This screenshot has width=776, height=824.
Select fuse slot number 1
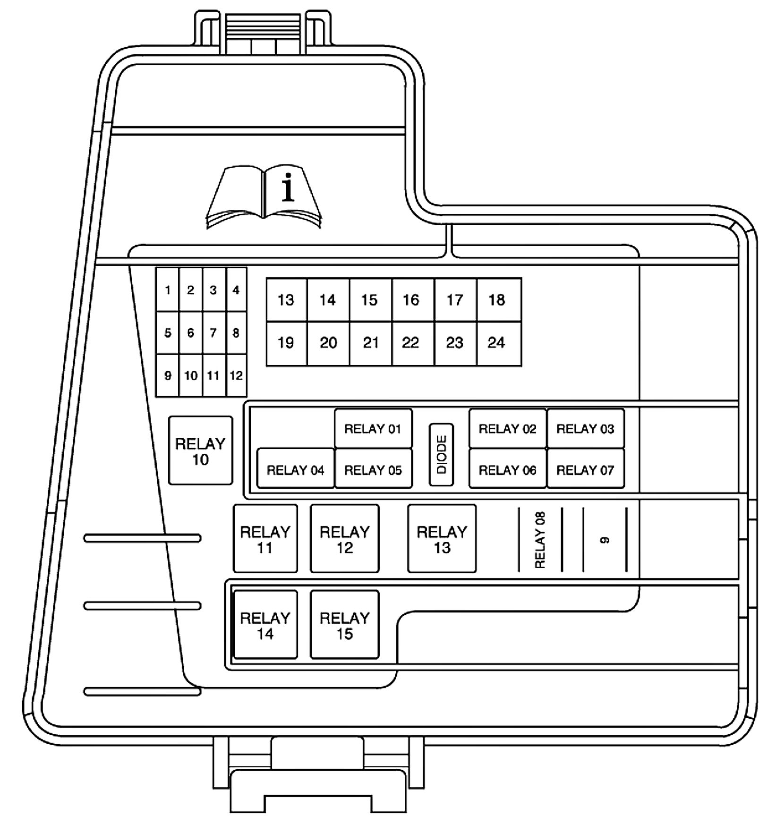(168, 290)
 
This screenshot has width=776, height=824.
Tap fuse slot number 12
(236, 376)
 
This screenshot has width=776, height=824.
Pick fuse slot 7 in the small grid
(213, 333)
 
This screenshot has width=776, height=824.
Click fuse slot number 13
(286, 300)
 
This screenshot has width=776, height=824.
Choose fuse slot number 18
(497, 300)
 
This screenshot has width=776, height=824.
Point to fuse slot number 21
(371, 343)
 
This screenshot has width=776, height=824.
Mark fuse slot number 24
(497, 343)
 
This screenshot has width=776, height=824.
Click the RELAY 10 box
(200, 451)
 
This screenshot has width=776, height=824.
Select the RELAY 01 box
(373, 429)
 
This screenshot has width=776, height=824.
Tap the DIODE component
(441, 455)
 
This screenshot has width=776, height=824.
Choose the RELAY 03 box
(585, 429)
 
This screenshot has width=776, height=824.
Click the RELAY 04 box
(296, 470)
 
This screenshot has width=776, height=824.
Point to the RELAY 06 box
(507, 470)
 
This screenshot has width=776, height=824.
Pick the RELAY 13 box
(442, 539)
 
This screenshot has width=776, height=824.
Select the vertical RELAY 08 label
(540, 540)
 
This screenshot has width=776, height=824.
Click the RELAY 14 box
(265, 625)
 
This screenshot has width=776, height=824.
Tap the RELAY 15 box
(344, 625)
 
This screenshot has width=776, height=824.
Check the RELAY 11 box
(265, 539)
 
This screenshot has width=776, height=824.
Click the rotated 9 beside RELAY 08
(605, 540)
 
